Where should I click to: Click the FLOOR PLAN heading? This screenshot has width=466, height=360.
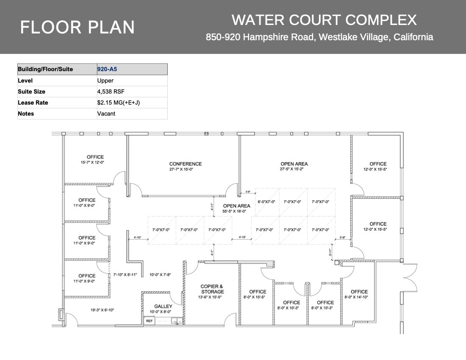[78, 27]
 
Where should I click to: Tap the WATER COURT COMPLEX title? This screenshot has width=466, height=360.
[324, 20]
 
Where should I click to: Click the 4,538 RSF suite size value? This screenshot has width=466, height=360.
[111, 91]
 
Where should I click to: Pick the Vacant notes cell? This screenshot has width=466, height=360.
[106, 114]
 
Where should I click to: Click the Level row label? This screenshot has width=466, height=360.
[25, 80]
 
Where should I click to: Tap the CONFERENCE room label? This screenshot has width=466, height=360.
[186, 164]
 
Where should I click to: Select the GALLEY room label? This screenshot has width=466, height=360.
[163, 306]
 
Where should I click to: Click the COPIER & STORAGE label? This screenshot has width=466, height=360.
[212, 289]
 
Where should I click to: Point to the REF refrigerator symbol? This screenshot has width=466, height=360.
[149, 321]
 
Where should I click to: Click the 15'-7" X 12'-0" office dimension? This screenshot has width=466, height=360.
[95, 162]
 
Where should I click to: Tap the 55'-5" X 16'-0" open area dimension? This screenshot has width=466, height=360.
[237, 211]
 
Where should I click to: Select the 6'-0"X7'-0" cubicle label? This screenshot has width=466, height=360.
[266, 202]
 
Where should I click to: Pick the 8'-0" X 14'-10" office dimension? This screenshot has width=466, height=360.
[359, 297]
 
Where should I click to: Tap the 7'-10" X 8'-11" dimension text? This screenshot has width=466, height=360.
[125, 275]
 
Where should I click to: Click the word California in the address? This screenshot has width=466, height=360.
[413, 37]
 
